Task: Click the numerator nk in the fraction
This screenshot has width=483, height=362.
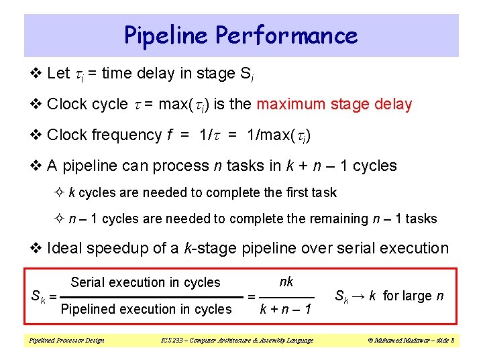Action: pos(286,282)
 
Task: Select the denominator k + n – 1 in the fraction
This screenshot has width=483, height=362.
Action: pos(286,310)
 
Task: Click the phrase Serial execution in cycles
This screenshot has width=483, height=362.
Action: pos(145,282)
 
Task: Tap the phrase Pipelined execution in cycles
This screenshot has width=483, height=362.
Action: pos(146,309)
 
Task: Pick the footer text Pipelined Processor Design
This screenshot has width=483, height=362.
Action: pos(66,341)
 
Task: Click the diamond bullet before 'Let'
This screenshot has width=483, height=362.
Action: pos(38,74)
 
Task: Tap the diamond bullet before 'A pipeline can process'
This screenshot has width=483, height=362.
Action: pos(38,166)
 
